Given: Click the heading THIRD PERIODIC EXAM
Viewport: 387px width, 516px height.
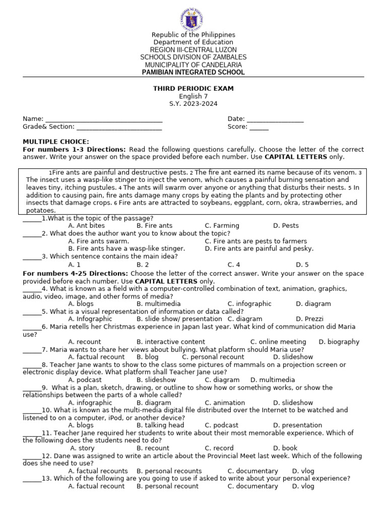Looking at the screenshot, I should (193, 89).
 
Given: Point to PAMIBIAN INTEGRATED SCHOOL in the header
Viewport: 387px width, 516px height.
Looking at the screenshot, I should (194, 73).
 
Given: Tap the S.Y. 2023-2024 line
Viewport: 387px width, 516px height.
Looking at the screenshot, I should (193, 104).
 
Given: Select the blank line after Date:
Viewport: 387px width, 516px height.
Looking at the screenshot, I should (275, 119).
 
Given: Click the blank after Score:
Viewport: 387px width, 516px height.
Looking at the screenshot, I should (259, 127).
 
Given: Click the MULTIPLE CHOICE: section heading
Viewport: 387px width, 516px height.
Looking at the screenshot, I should (56, 142).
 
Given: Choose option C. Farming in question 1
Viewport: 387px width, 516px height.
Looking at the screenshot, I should (222, 226).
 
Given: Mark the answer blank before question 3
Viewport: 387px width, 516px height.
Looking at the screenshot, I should (32, 256).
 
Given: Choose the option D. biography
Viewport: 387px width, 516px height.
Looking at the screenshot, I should (339, 342).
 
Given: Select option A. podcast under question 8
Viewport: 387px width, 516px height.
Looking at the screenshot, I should (85, 380).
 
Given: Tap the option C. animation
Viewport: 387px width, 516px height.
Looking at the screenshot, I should (225, 403).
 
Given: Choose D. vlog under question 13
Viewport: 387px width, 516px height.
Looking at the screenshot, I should (303, 486).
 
